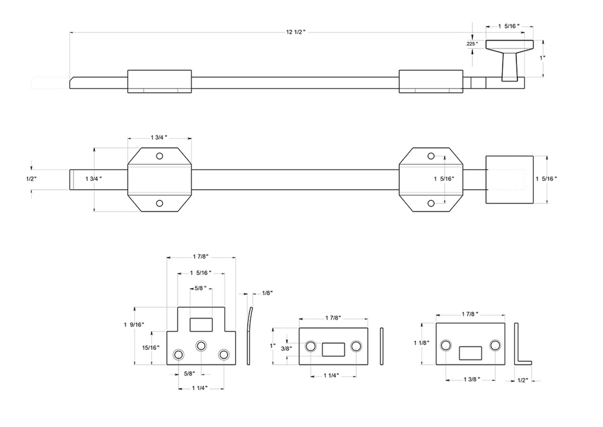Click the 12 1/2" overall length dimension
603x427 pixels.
tap(296, 32)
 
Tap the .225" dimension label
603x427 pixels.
tap(472, 44)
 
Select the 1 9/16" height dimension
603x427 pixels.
tap(134, 324)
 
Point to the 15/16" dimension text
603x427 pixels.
tap(151, 347)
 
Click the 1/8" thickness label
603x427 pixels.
tap(267, 293)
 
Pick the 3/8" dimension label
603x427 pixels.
tap(286, 349)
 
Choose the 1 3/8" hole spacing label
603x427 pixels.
tap(471, 380)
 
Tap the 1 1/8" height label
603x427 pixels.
tap(422, 343)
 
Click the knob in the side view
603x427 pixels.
tap(510, 60)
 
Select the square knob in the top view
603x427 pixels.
tap(510, 180)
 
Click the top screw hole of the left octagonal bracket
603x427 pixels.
tap(160, 156)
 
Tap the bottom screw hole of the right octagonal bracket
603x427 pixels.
tap(431, 203)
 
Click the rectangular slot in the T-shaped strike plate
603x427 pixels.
tap(201, 324)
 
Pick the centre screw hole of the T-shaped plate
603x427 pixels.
tap(201, 346)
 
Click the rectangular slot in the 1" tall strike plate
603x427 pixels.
tap(333, 349)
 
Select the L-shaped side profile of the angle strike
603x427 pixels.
tap(516, 344)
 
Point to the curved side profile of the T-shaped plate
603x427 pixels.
tap(249, 335)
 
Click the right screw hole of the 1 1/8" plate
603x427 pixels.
tap(495, 345)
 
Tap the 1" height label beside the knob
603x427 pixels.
tap(542, 57)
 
